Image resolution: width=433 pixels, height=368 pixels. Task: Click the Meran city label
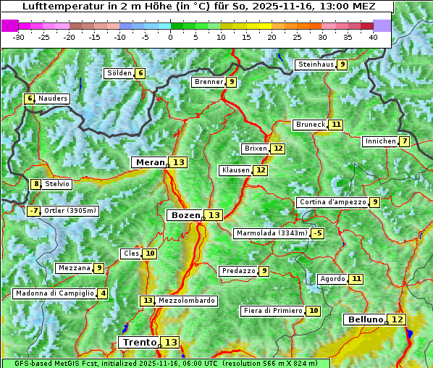tap(150, 162)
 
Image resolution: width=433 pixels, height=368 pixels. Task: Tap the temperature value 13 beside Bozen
tap(214, 215)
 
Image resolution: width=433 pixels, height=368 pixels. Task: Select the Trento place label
tap(139, 342)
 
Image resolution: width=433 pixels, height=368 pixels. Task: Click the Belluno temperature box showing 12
tap(397, 319)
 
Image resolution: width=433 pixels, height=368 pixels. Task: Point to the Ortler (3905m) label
tap(70, 211)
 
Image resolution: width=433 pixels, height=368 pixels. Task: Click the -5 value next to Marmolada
tap(317, 233)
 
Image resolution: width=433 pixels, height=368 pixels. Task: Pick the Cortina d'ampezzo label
tap(332, 202)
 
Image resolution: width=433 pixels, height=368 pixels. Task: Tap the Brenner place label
tap(209, 82)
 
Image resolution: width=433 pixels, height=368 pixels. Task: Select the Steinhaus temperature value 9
tap(342, 64)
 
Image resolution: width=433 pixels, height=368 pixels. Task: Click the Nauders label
tap(53, 99)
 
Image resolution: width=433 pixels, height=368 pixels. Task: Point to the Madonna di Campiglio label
tap(54, 293)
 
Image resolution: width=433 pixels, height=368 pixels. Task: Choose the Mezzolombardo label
tap(186, 301)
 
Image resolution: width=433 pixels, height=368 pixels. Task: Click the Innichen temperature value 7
tap(404, 141)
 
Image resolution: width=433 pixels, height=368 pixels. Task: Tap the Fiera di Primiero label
tap(272, 311)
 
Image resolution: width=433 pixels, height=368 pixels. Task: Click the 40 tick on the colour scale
tap(373, 36)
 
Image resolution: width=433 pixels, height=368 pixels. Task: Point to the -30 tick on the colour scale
tap(19, 36)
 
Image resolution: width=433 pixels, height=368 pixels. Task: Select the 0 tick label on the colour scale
tap(171, 36)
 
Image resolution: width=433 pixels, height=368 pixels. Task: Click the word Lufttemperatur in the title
tap(55, 6)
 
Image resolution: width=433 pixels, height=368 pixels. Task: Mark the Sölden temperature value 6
tap(140, 73)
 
